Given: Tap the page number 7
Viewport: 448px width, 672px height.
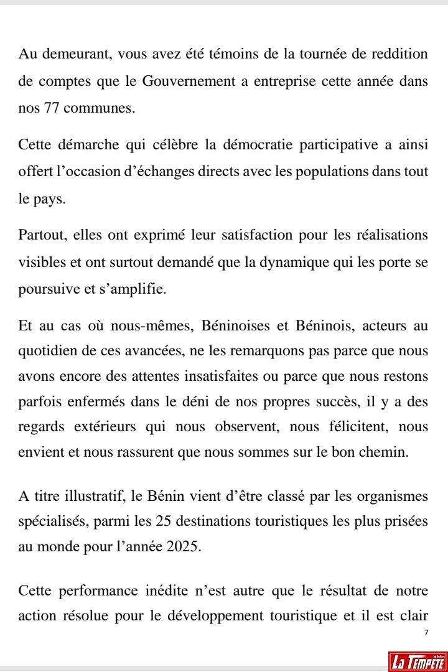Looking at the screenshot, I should tap(426, 632).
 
